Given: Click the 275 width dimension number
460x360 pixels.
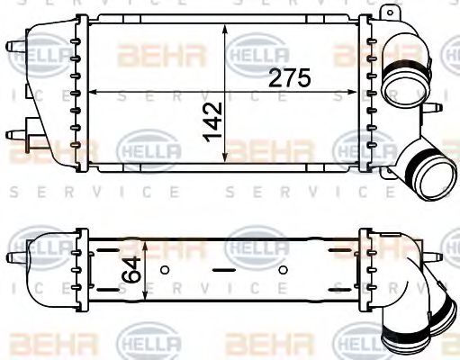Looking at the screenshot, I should click(x=290, y=78).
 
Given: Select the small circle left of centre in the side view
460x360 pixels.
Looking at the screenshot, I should click(x=165, y=269).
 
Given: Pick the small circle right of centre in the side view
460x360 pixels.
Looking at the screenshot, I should click(x=283, y=269).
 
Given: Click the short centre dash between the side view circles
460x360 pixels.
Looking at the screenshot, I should click(x=223, y=269).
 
